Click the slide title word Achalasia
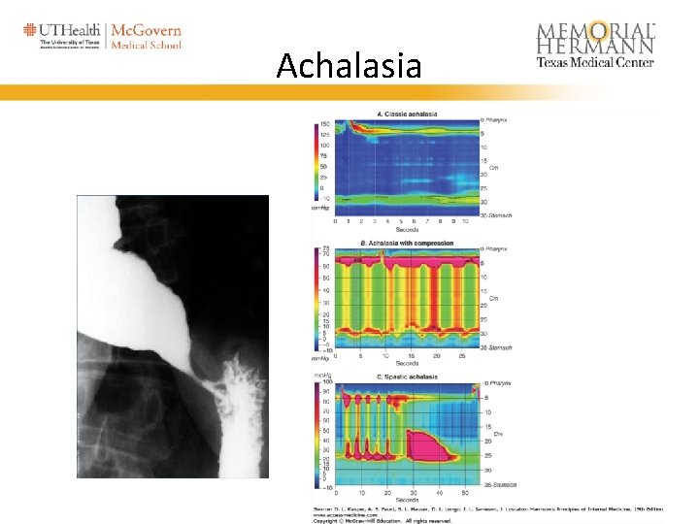tap(349, 66)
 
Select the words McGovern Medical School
tap(146, 37)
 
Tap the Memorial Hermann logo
tap(595, 44)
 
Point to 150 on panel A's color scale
tap(325, 124)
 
